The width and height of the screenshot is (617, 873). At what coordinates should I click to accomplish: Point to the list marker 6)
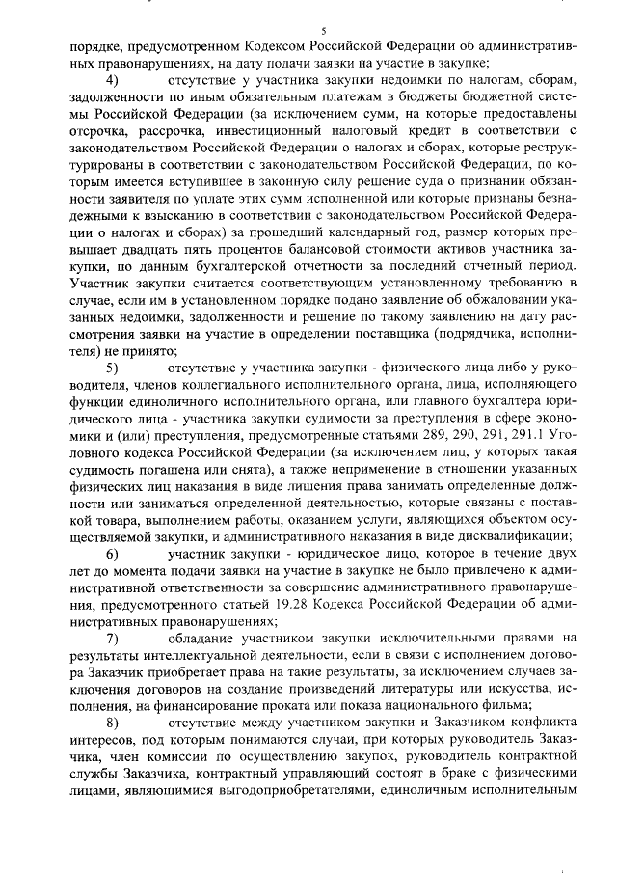point(113,555)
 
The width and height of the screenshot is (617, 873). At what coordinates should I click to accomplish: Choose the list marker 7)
point(113,638)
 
